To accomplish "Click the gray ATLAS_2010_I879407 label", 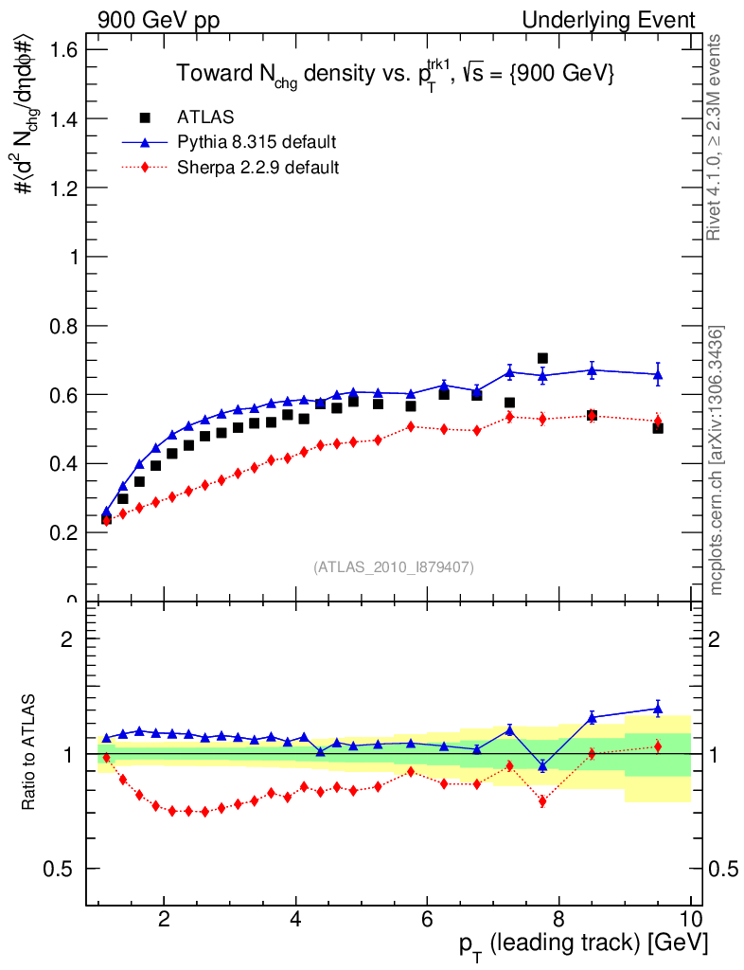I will coord(394,567).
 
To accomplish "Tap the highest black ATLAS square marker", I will coord(542,358).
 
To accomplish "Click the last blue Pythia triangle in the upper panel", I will coord(658,374).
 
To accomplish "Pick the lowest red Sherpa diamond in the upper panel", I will coord(106,520).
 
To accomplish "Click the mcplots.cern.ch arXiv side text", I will coord(717,460).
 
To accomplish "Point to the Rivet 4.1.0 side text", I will coord(717,136).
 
